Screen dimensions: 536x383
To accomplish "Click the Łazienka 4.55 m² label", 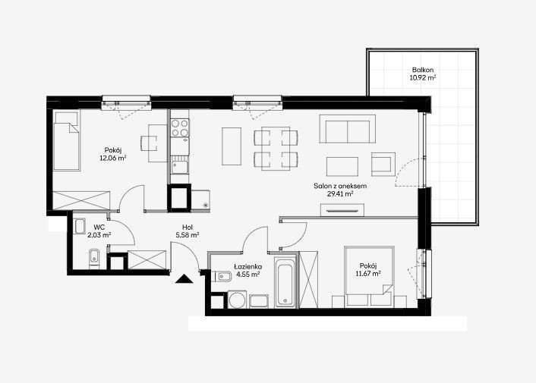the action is tap(248, 270).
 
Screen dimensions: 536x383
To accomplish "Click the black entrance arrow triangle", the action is tap(184, 279).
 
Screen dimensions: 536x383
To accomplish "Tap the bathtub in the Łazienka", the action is tap(285, 282).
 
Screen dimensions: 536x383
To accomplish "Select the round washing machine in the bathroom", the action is tap(237, 300).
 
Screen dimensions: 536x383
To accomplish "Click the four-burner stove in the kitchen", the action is tap(180, 127).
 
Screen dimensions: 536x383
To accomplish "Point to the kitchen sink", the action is tap(180, 168).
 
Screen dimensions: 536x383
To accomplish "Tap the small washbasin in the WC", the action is tap(80, 226).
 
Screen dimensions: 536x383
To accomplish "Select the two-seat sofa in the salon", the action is tap(347, 129).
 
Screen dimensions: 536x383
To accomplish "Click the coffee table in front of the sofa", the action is tap(342, 167).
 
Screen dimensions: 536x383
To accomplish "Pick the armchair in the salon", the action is tap(383, 164).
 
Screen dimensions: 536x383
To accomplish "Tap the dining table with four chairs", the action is tap(276, 149).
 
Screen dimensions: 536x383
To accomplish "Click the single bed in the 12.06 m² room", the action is tap(67, 140).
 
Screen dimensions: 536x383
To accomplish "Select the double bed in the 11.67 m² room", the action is tap(369, 275).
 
